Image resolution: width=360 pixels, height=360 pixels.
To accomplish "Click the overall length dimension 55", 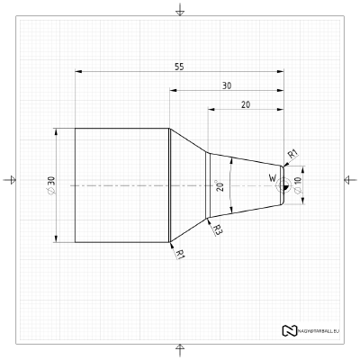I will click(x=180, y=66).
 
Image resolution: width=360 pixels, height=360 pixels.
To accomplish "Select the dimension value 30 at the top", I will click(x=226, y=85).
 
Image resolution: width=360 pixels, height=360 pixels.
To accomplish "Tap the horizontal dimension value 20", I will click(x=246, y=104).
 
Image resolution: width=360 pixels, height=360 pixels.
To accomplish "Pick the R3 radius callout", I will click(x=218, y=230).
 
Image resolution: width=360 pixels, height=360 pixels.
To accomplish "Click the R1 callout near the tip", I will click(x=293, y=154).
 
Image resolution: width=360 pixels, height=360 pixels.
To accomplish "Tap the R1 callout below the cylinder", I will click(x=180, y=254).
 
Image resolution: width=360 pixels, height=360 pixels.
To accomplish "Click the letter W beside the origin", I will click(x=273, y=178).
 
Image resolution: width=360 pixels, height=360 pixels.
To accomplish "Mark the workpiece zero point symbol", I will click(x=284, y=184).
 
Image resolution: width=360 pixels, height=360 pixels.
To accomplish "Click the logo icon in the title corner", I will click(x=289, y=330).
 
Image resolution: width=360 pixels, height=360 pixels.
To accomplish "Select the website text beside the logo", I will click(x=319, y=330).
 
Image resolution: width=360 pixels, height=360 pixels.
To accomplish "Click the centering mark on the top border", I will click(x=180, y=10).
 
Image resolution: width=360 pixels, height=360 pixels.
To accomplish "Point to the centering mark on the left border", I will click(x=10, y=180).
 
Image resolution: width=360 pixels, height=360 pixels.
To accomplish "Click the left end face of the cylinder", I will click(x=75, y=184).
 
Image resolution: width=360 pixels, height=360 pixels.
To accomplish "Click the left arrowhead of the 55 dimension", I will click(x=78, y=70).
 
